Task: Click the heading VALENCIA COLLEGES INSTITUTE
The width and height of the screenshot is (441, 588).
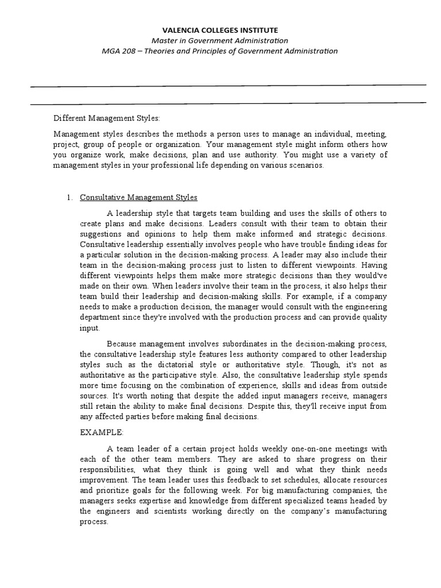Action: (221, 30)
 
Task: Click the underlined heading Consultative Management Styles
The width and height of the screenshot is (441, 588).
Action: (138, 198)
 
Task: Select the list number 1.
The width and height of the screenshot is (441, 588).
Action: (69, 198)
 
